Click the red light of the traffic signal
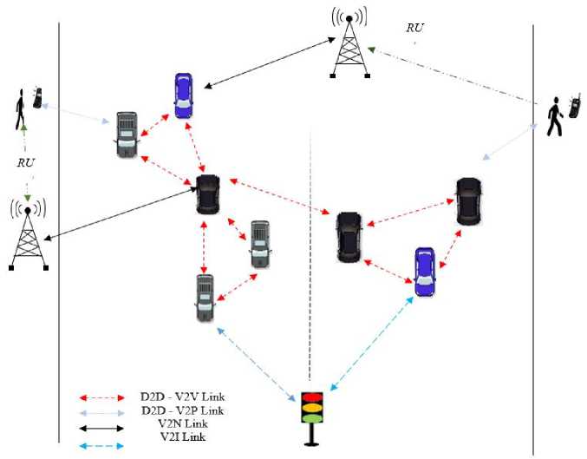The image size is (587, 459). pyautogui.click(x=312, y=397)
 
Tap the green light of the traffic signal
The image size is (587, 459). pyautogui.click(x=312, y=417)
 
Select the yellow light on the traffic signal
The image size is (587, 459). pyautogui.click(x=312, y=408)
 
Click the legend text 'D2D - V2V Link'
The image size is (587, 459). pyautogui.click(x=182, y=397)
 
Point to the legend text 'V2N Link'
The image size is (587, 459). pyautogui.click(x=183, y=423)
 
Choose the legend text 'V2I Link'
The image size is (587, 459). pyautogui.click(x=183, y=437)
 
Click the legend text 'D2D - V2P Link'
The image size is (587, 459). pyautogui.click(x=182, y=410)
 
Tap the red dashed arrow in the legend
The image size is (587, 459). pyautogui.click(x=101, y=398)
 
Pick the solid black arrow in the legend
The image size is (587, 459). pyautogui.click(x=101, y=429)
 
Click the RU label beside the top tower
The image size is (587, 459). pyautogui.click(x=415, y=28)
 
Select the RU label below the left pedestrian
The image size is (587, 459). pyautogui.click(x=26, y=162)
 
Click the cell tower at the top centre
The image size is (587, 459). pyautogui.click(x=349, y=43)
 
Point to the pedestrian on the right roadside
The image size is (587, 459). pyautogui.click(x=555, y=116)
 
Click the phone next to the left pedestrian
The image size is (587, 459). pyautogui.click(x=37, y=98)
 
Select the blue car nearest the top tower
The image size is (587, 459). pyautogui.click(x=184, y=95)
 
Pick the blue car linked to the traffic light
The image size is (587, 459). pyautogui.click(x=425, y=272)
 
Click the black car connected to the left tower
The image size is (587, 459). pyautogui.click(x=208, y=194)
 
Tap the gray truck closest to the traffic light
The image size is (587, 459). pyautogui.click(x=205, y=298)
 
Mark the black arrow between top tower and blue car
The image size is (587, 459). pyautogui.click(x=269, y=63)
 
